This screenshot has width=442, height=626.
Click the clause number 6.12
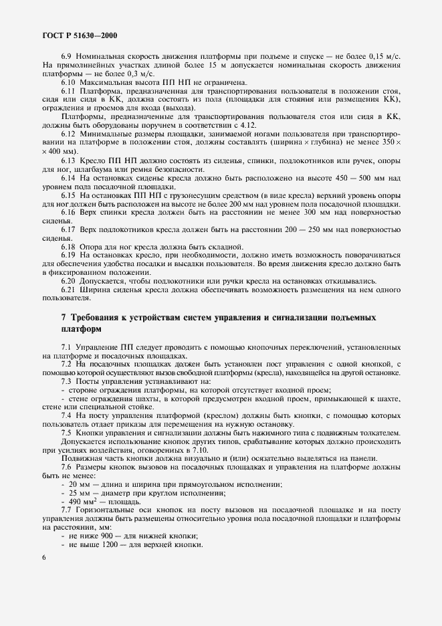click(x=69, y=134)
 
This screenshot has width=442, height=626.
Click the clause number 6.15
click(x=69, y=194)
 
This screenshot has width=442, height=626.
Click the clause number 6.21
click(x=69, y=289)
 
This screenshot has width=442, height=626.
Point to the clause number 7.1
click(x=66, y=348)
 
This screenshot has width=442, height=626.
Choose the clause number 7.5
click(x=66, y=433)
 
